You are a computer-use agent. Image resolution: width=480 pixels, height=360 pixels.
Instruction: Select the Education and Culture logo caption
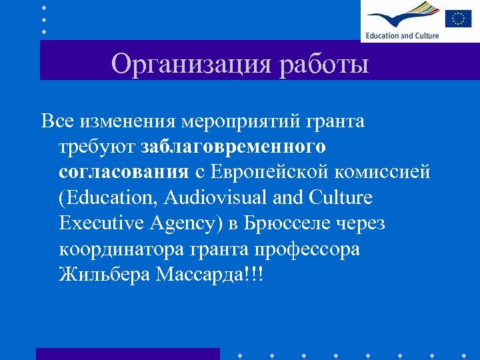(402, 35)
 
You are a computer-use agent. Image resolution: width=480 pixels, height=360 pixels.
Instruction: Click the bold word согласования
(124, 172)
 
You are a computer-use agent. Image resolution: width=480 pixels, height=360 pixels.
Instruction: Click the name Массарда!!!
(209, 273)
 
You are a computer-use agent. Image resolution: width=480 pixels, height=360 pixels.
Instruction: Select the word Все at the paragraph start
(57, 121)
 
